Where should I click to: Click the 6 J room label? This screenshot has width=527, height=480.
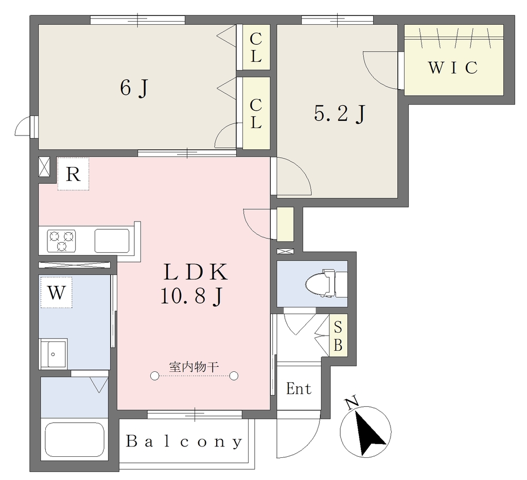point(134,89)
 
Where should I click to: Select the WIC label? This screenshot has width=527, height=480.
point(453,67)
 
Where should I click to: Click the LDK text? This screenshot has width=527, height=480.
point(196,272)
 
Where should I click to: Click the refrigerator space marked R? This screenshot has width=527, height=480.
point(73,174)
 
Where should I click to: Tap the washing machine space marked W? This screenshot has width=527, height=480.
point(56,293)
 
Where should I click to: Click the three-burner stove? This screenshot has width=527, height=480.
point(61,241)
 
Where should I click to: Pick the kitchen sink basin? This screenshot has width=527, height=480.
point(112,241)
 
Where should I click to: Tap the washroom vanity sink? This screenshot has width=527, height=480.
point(54,353)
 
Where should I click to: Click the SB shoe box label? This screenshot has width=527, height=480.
point(338,336)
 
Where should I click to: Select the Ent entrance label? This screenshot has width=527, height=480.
point(299,389)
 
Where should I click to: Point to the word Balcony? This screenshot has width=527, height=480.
point(184,441)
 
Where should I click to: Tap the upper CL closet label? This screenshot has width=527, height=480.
point(256,47)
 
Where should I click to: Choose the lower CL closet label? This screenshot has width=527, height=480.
point(256,113)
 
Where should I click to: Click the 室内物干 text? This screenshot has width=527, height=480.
point(194,367)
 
